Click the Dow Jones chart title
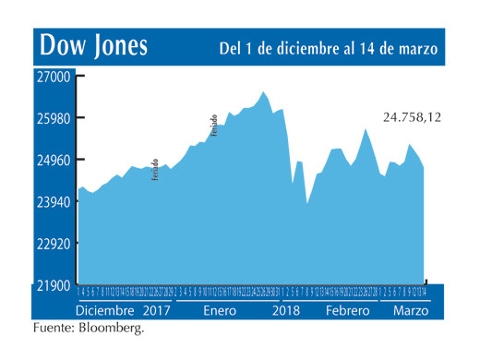point(90,46)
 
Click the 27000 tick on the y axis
point(54,78)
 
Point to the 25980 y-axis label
point(54,119)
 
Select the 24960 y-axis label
point(54,161)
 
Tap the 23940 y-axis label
point(54,202)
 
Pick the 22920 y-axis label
point(54,244)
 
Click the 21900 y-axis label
point(54,285)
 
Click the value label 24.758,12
point(412,117)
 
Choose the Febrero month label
point(348,311)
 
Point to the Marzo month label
point(410,311)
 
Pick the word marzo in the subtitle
point(415,47)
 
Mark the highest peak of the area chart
point(264,92)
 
